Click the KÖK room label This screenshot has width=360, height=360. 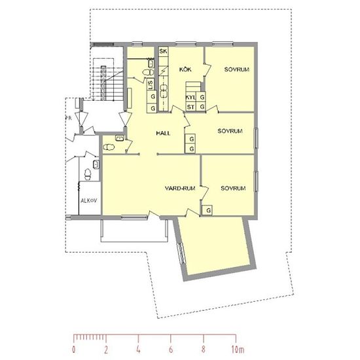coord(185,69)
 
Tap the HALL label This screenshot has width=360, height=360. coord(163,133)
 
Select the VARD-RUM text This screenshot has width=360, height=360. coord(180,189)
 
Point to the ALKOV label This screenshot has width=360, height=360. coord(88,200)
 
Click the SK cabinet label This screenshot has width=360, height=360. coord(163,51)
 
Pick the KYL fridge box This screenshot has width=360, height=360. coord(190,98)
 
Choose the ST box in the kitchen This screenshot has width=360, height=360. coord(190,107)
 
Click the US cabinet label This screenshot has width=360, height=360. coord(151,84)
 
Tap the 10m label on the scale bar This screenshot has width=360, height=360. coord(238,350)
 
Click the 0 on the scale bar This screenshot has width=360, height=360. coord(74,350)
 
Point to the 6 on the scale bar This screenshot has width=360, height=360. coord(171,350)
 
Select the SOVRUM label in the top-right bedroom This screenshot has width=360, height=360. coord(237,69)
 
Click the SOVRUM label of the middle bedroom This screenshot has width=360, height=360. coord(230,131)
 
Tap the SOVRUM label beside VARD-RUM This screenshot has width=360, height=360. coord(233,189)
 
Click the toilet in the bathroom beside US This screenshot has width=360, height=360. coord(148,72)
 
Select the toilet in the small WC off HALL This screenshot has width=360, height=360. coord(109,147)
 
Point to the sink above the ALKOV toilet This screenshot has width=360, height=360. coord(96,164)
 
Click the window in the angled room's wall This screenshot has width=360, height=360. coord(181,253)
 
